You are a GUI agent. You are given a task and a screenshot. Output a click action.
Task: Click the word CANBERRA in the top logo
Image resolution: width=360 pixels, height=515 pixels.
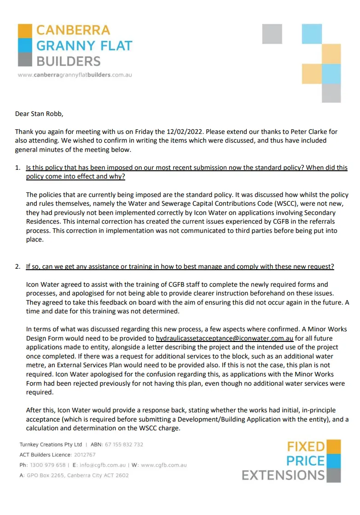click(73, 30)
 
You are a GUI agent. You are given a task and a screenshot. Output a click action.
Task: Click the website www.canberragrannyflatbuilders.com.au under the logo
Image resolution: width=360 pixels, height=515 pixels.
click(75, 75)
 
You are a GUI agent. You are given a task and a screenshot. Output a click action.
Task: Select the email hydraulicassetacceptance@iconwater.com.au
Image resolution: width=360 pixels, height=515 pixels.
click(225, 338)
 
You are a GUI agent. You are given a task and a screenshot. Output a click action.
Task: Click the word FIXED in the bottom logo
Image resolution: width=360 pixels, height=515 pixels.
click(306, 446)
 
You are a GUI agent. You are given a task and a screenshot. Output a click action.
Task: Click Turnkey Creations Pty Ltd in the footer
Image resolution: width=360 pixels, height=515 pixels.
click(51, 445)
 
